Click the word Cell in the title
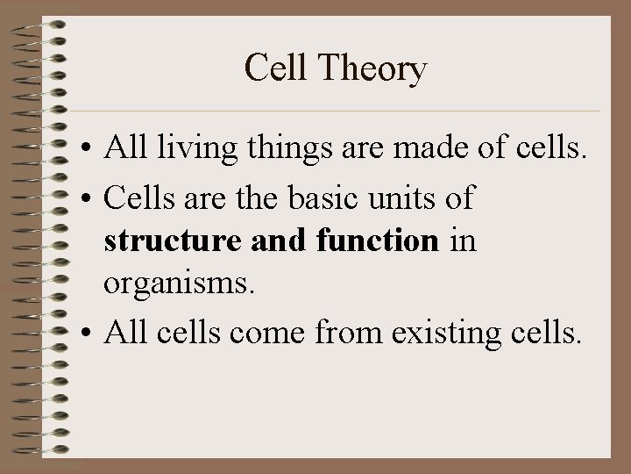tap(270, 68)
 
